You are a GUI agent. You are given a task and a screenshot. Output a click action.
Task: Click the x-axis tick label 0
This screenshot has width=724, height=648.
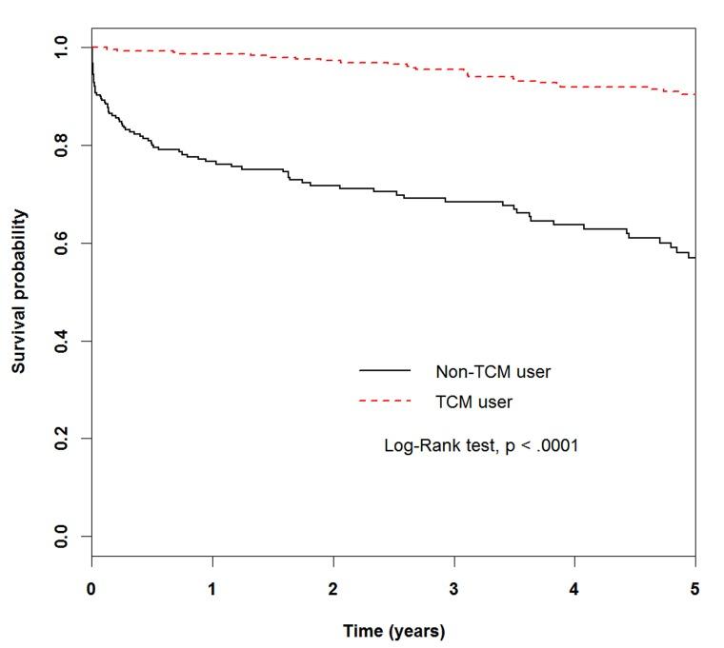[x=91, y=590]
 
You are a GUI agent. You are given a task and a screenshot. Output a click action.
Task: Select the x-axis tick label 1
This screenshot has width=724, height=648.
[x=212, y=590]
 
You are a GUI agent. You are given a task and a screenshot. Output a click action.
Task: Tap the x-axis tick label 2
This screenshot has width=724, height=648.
[x=333, y=590]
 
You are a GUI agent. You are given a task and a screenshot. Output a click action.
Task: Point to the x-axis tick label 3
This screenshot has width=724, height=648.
[x=453, y=590]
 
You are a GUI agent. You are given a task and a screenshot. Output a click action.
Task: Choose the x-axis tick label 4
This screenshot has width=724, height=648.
[x=574, y=590]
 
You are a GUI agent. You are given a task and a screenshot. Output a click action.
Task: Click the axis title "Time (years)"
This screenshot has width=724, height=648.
[x=393, y=630]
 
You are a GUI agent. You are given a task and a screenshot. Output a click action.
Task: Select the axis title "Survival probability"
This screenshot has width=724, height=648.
[x=20, y=291]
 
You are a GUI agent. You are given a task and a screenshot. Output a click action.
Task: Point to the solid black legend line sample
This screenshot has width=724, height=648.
[x=385, y=370]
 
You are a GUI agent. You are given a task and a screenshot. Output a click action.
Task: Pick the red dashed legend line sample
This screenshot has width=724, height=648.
[x=385, y=402]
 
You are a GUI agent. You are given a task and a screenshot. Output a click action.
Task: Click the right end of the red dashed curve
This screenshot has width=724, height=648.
[x=694, y=94]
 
